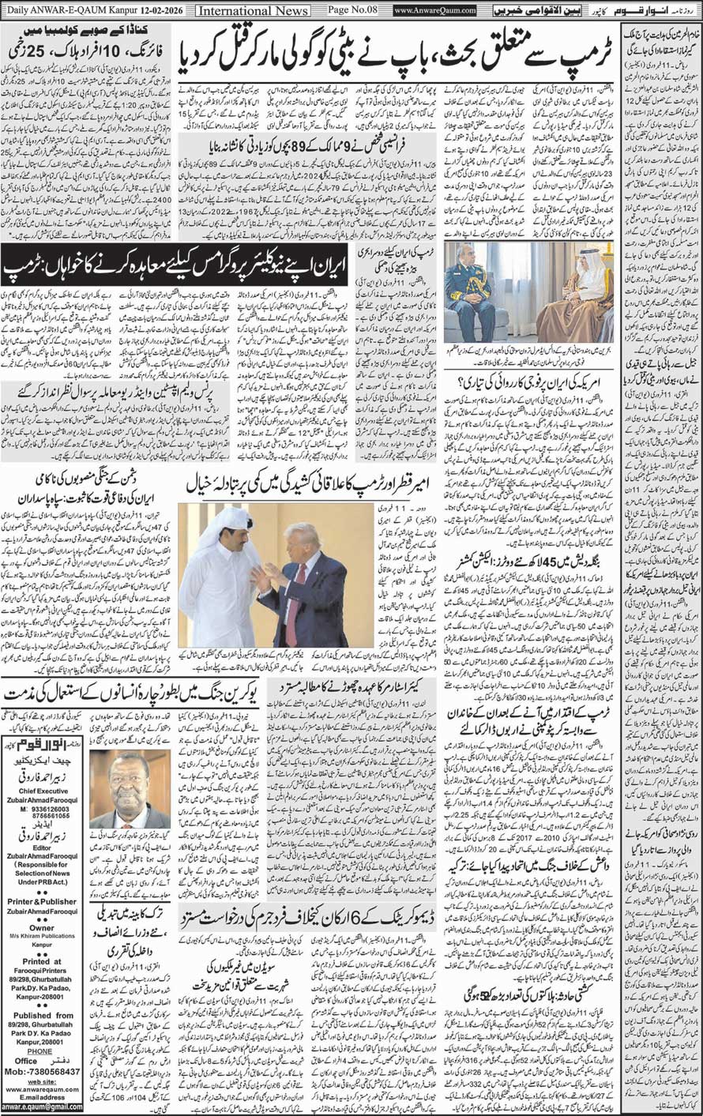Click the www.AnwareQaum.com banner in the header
click(x=435, y=10)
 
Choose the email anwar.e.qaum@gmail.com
click(x=41, y=1108)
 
